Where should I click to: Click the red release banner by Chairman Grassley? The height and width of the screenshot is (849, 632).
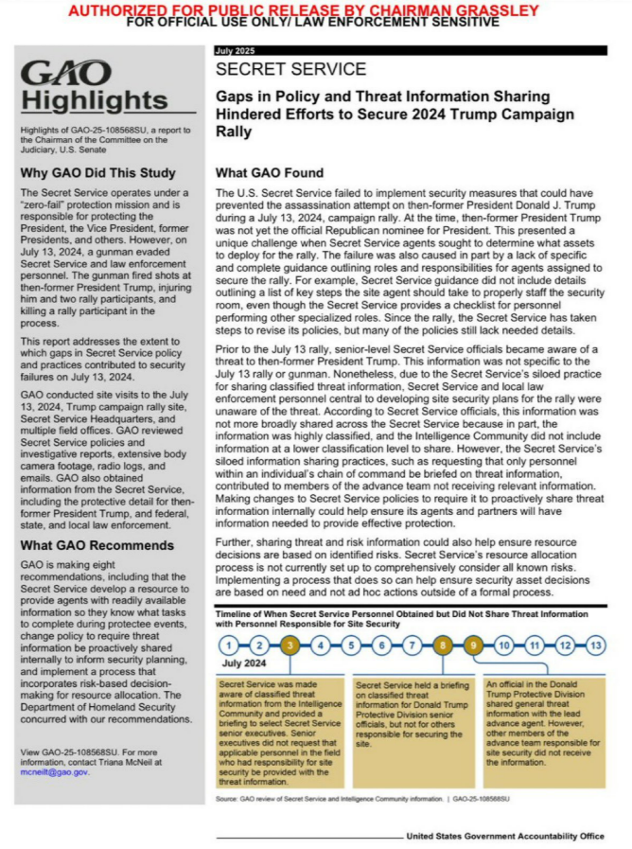317,9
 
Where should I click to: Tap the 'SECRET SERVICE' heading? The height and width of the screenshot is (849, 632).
290,69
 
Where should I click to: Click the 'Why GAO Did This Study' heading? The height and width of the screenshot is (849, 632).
97,172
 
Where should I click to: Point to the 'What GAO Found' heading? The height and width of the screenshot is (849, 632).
270,172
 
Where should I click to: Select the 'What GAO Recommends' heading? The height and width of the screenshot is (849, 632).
97,545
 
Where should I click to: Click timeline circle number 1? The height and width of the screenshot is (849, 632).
230,646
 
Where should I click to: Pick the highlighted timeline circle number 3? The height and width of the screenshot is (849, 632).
290,646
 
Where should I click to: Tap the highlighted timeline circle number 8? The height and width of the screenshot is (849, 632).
443,646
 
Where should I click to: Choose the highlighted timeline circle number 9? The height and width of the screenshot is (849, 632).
473,646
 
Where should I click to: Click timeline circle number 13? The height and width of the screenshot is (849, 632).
595,646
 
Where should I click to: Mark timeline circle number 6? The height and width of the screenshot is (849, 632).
382,646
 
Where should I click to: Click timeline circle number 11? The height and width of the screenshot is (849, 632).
535,646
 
